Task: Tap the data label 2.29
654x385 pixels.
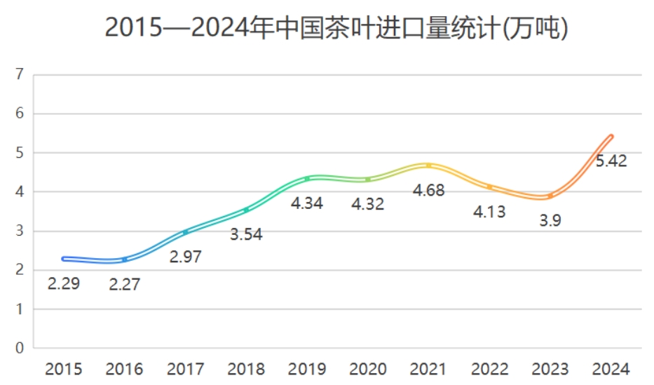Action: [x=64, y=284]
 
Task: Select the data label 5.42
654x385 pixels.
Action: [x=611, y=161]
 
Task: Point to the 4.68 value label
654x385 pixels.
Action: [x=428, y=190]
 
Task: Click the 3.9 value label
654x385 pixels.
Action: [x=550, y=220]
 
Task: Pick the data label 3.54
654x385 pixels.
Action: [x=246, y=234]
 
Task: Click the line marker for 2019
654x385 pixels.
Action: [x=307, y=179]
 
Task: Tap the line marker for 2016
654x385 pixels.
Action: [x=125, y=259]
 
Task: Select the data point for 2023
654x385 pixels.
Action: [x=550, y=196]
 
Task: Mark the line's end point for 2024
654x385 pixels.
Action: [x=611, y=137]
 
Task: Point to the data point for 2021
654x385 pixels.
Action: [x=428, y=166]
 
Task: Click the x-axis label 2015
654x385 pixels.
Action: [x=64, y=369]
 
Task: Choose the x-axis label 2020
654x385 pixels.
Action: [x=368, y=369]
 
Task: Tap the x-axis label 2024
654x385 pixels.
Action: [x=611, y=369]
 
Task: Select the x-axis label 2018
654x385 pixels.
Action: [x=246, y=369]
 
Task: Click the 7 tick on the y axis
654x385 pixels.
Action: [x=20, y=74]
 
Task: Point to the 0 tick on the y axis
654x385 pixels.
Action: [x=20, y=348]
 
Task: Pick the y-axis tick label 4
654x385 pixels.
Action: [x=20, y=191]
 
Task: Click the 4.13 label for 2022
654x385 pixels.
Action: [x=489, y=211]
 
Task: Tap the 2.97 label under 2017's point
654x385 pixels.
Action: [x=186, y=257]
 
